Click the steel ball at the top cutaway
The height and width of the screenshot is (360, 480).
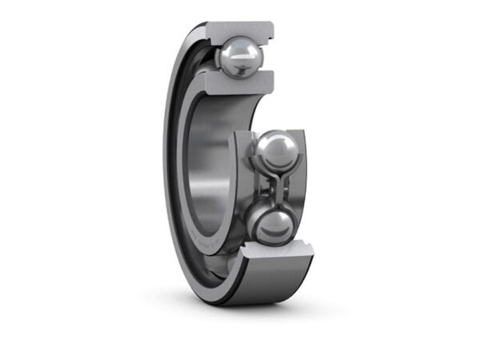238,58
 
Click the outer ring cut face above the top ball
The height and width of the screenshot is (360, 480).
239,31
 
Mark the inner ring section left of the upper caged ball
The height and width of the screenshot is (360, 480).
240,160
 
